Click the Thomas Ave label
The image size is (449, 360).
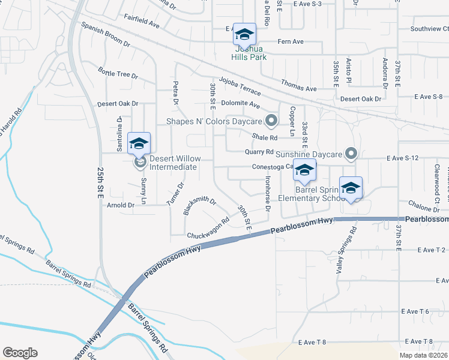(298, 88)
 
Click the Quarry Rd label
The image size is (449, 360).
(259, 152)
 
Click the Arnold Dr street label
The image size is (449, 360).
(121, 205)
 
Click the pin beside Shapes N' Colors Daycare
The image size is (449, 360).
(271, 121)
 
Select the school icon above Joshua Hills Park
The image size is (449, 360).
(244, 34)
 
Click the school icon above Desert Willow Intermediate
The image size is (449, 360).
(139, 143)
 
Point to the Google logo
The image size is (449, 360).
(20, 353)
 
